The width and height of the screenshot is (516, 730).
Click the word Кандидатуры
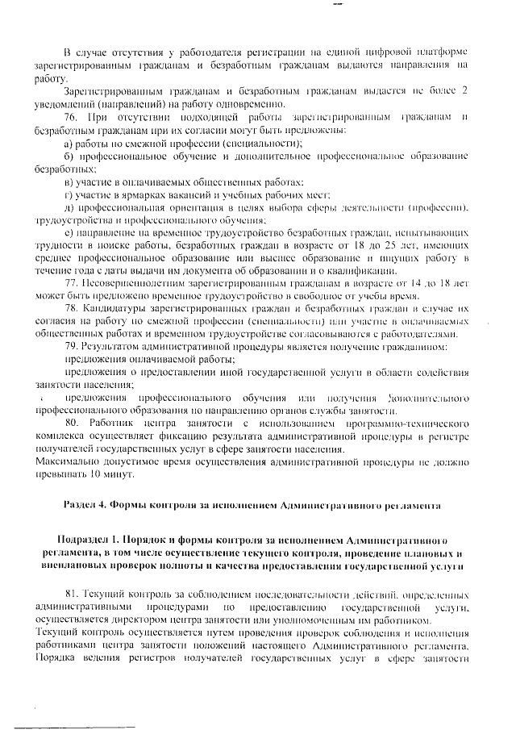point(114,310)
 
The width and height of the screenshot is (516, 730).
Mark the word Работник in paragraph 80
point(120,422)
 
